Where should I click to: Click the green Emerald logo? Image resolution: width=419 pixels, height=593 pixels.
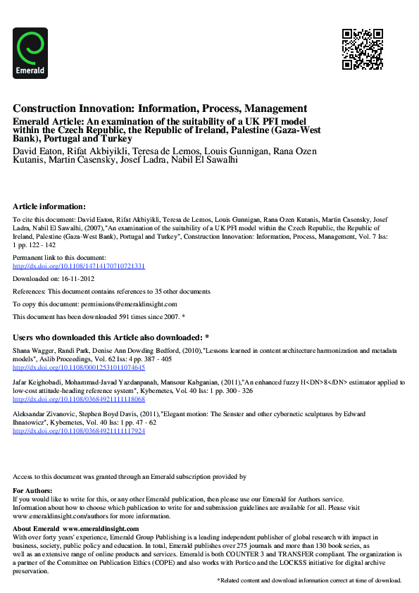tap(30, 52)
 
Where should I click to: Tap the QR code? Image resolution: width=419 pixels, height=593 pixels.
tap(362, 49)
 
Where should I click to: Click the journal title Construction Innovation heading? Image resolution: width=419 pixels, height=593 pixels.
tap(160, 108)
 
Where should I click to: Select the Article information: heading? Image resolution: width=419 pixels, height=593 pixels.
tap(49, 206)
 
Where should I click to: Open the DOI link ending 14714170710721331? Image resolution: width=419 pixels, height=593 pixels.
tap(79, 266)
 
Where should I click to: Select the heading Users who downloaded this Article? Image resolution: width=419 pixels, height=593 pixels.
tap(111, 337)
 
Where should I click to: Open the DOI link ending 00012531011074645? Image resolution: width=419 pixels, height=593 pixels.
tap(79, 368)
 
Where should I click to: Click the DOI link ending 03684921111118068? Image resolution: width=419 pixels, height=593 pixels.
tap(79, 399)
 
